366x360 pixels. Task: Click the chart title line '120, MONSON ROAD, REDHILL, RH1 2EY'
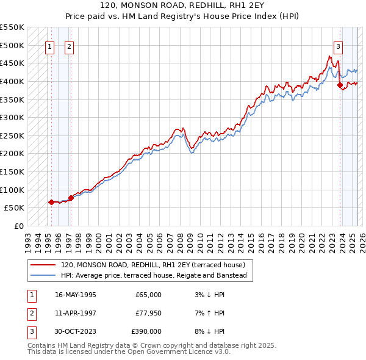(x=182, y=5)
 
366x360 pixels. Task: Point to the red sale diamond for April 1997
(x=71, y=198)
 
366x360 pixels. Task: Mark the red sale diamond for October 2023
(x=340, y=85)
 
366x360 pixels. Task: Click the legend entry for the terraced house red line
(x=152, y=265)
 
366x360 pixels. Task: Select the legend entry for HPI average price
(x=153, y=276)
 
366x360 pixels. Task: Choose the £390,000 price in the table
(x=146, y=331)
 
